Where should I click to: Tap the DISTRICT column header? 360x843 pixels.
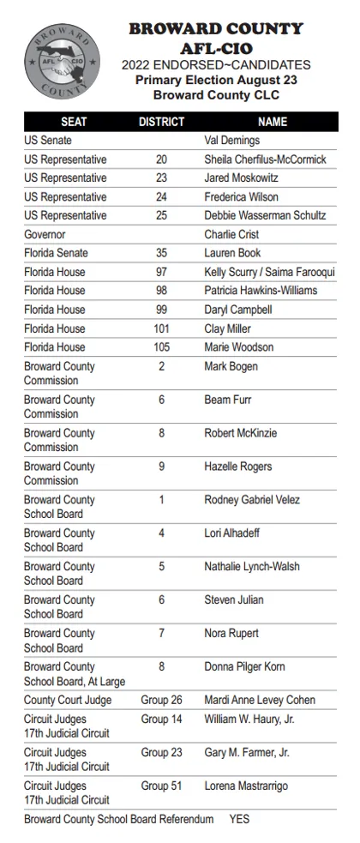click(x=161, y=122)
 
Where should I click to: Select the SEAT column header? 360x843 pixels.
click(x=73, y=122)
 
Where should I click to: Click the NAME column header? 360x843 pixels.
click(x=273, y=122)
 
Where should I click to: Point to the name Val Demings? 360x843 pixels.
click(x=231, y=141)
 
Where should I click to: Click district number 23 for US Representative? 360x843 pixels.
click(x=161, y=178)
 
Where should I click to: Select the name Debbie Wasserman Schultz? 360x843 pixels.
click(x=265, y=216)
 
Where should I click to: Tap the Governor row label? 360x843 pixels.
click(x=45, y=235)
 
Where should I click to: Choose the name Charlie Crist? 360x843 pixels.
click(x=231, y=235)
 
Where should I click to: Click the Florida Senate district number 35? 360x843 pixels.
click(x=161, y=254)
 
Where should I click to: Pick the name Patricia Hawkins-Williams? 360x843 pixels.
click(x=261, y=291)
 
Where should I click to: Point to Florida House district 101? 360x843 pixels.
click(x=161, y=328)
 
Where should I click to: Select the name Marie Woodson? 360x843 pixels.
click(x=238, y=347)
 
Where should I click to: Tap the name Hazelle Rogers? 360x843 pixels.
click(x=237, y=467)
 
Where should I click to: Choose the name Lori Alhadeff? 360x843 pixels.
click(x=231, y=533)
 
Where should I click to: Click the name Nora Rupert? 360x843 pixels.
click(x=231, y=634)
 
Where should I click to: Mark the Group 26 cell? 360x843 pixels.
click(x=161, y=701)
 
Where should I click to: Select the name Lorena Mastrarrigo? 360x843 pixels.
click(x=246, y=786)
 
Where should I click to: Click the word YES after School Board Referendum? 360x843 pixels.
click(x=239, y=820)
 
